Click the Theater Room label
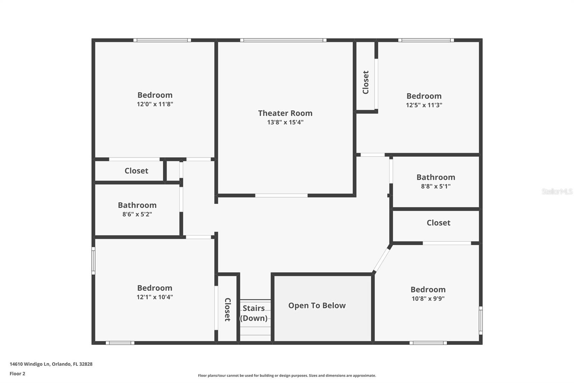(x=285, y=113)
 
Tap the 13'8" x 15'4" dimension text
(x=285, y=122)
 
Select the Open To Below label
(x=317, y=305)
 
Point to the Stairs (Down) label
(x=254, y=313)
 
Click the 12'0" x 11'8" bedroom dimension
(x=155, y=104)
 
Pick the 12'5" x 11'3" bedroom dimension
(x=424, y=105)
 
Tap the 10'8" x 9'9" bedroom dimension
(x=428, y=299)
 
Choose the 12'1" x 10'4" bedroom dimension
(x=155, y=297)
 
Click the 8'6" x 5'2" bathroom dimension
(x=137, y=214)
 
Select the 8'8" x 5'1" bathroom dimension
(x=436, y=186)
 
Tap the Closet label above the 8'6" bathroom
(x=136, y=171)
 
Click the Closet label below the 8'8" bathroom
(x=438, y=222)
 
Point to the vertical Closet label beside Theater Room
(x=366, y=82)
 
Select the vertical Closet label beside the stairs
(x=227, y=310)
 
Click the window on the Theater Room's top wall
(x=283, y=40)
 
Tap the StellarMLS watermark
(x=557, y=191)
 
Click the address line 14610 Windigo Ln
(x=51, y=364)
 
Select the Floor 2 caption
(x=18, y=374)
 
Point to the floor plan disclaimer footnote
(x=287, y=375)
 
